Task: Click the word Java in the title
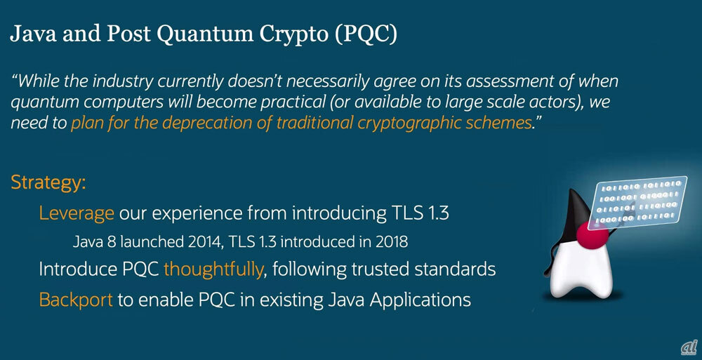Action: click(x=33, y=34)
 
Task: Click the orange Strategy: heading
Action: click(x=48, y=183)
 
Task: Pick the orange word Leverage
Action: click(x=76, y=213)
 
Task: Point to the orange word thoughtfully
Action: click(x=213, y=269)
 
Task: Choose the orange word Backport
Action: click(x=76, y=299)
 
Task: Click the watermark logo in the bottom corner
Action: click(x=689, y=347)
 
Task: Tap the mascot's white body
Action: click(x=580, y=269)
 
